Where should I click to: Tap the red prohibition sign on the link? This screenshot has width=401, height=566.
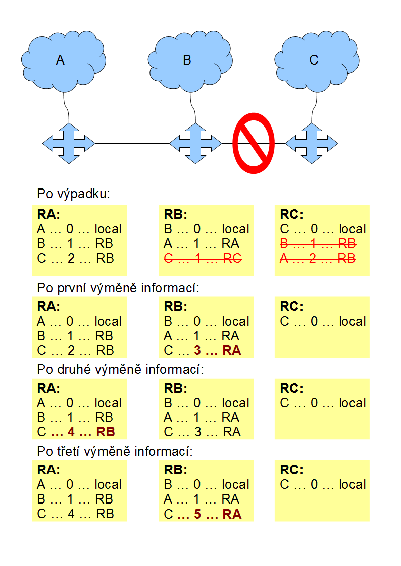pyautogui.click(x=254, y=143)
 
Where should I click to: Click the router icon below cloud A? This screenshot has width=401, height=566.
pyautogui.click(x=69, y=143)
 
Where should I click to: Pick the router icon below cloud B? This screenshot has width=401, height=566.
pyautogui.click(x=195, y=143)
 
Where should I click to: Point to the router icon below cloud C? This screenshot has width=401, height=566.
pyautogui.click(x=312, y=143)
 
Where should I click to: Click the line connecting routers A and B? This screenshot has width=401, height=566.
pyautogui.click(x=131, y=144)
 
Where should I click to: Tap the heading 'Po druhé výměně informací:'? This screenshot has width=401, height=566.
pyautogui.click(x=120, y=370)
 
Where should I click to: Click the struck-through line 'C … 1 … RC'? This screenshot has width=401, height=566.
pyautogui.click(x=203, y=259)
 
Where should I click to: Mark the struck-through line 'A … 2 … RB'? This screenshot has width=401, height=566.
pyautogui.click(x=318, y=259)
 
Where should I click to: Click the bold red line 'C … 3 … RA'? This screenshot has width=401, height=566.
pyautogui.click(x=203, y=351)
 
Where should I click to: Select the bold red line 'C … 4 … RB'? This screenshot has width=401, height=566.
pyautogui.click(x=76, y=432)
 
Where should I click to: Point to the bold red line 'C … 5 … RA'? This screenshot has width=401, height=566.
pyautogui.click(x=203, y=514)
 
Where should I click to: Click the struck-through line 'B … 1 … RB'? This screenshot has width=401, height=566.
pyautogui.click(x=318, y=244)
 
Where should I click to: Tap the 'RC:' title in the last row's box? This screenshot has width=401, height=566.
pyautogui.click(x=292, y=470)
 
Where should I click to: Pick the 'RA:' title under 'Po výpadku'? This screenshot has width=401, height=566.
pyautogui.click(x=48, y=214)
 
